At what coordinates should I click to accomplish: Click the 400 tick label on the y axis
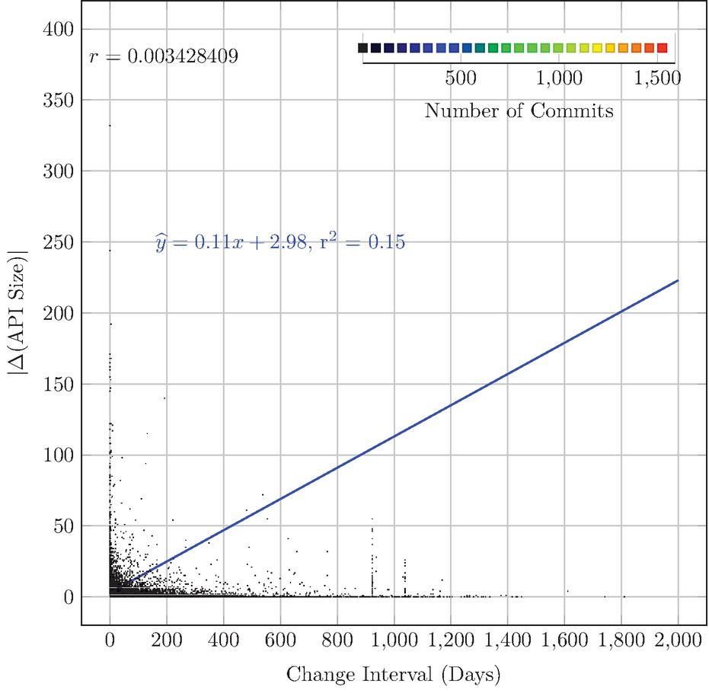click(x=59, y=30)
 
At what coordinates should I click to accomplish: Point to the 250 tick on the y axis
click(x=59, y=242)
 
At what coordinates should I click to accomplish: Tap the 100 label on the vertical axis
click(x=59, y=455)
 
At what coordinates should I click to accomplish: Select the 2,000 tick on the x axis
click(x=678, y=640)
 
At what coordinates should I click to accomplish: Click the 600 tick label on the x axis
click(x=280, y=640)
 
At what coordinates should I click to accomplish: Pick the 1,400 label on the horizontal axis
click(x=507, y=640)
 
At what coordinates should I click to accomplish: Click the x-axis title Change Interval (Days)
click(x=394, y=675)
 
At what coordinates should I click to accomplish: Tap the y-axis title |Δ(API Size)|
click(x=18, y=312)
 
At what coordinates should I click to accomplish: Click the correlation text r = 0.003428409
click(x=164, y=56)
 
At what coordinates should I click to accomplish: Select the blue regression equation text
click(x=280, y=242)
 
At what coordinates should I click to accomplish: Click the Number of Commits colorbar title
click(x=519, y=110)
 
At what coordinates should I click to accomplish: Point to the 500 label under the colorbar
click(x=461, y=78)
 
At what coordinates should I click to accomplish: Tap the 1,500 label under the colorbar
click(x=657, y=78)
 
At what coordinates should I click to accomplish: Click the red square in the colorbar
click(x=663, y=48)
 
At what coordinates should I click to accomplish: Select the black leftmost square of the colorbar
click(x=362, y=48)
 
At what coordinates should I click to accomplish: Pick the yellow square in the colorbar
click(x=597, y=48)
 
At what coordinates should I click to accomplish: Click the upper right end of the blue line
click(x=679, y=280)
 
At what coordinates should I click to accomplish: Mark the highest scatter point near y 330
click(x=110, y=126)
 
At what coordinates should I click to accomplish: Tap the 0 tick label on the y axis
click(x=69, y=598)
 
